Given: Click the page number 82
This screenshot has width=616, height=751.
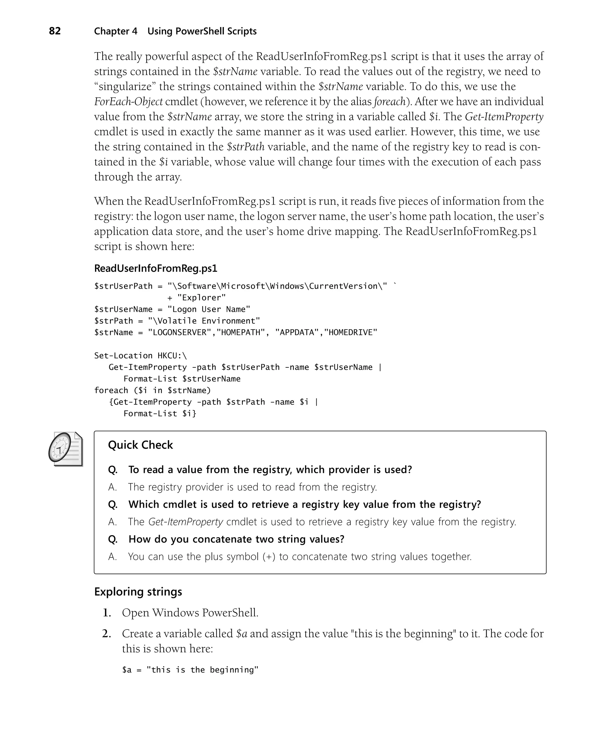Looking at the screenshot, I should (55, 31).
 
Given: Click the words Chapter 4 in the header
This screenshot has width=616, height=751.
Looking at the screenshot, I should (115, 32).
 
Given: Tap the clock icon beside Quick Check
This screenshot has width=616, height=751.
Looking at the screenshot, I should (65, 449).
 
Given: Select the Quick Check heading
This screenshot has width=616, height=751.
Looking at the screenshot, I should (140, 445).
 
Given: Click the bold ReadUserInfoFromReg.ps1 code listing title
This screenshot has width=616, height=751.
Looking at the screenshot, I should (156, 268).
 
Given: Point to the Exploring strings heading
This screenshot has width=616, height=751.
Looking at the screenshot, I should (138, 592).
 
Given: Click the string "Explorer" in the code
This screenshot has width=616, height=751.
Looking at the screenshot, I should (201, 298).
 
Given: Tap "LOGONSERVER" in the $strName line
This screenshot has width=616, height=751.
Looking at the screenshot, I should (180, 333).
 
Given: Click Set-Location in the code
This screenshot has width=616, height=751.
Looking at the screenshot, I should (123, 356).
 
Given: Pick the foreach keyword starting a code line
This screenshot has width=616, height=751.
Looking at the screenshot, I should (111, 391).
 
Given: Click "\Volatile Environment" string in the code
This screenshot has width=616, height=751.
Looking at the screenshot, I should (204, 321).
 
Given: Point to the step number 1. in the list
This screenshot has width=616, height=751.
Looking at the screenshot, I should (107, 613).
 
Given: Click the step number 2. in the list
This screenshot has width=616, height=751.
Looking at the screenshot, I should (107, 634).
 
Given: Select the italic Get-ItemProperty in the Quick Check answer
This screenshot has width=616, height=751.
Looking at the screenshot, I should (185, 522).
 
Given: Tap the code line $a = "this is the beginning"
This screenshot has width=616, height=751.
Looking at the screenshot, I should (190, 670).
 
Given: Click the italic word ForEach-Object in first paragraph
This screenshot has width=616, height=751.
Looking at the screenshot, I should (128, 102).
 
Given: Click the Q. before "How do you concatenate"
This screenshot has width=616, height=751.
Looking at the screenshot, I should (113, 539).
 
